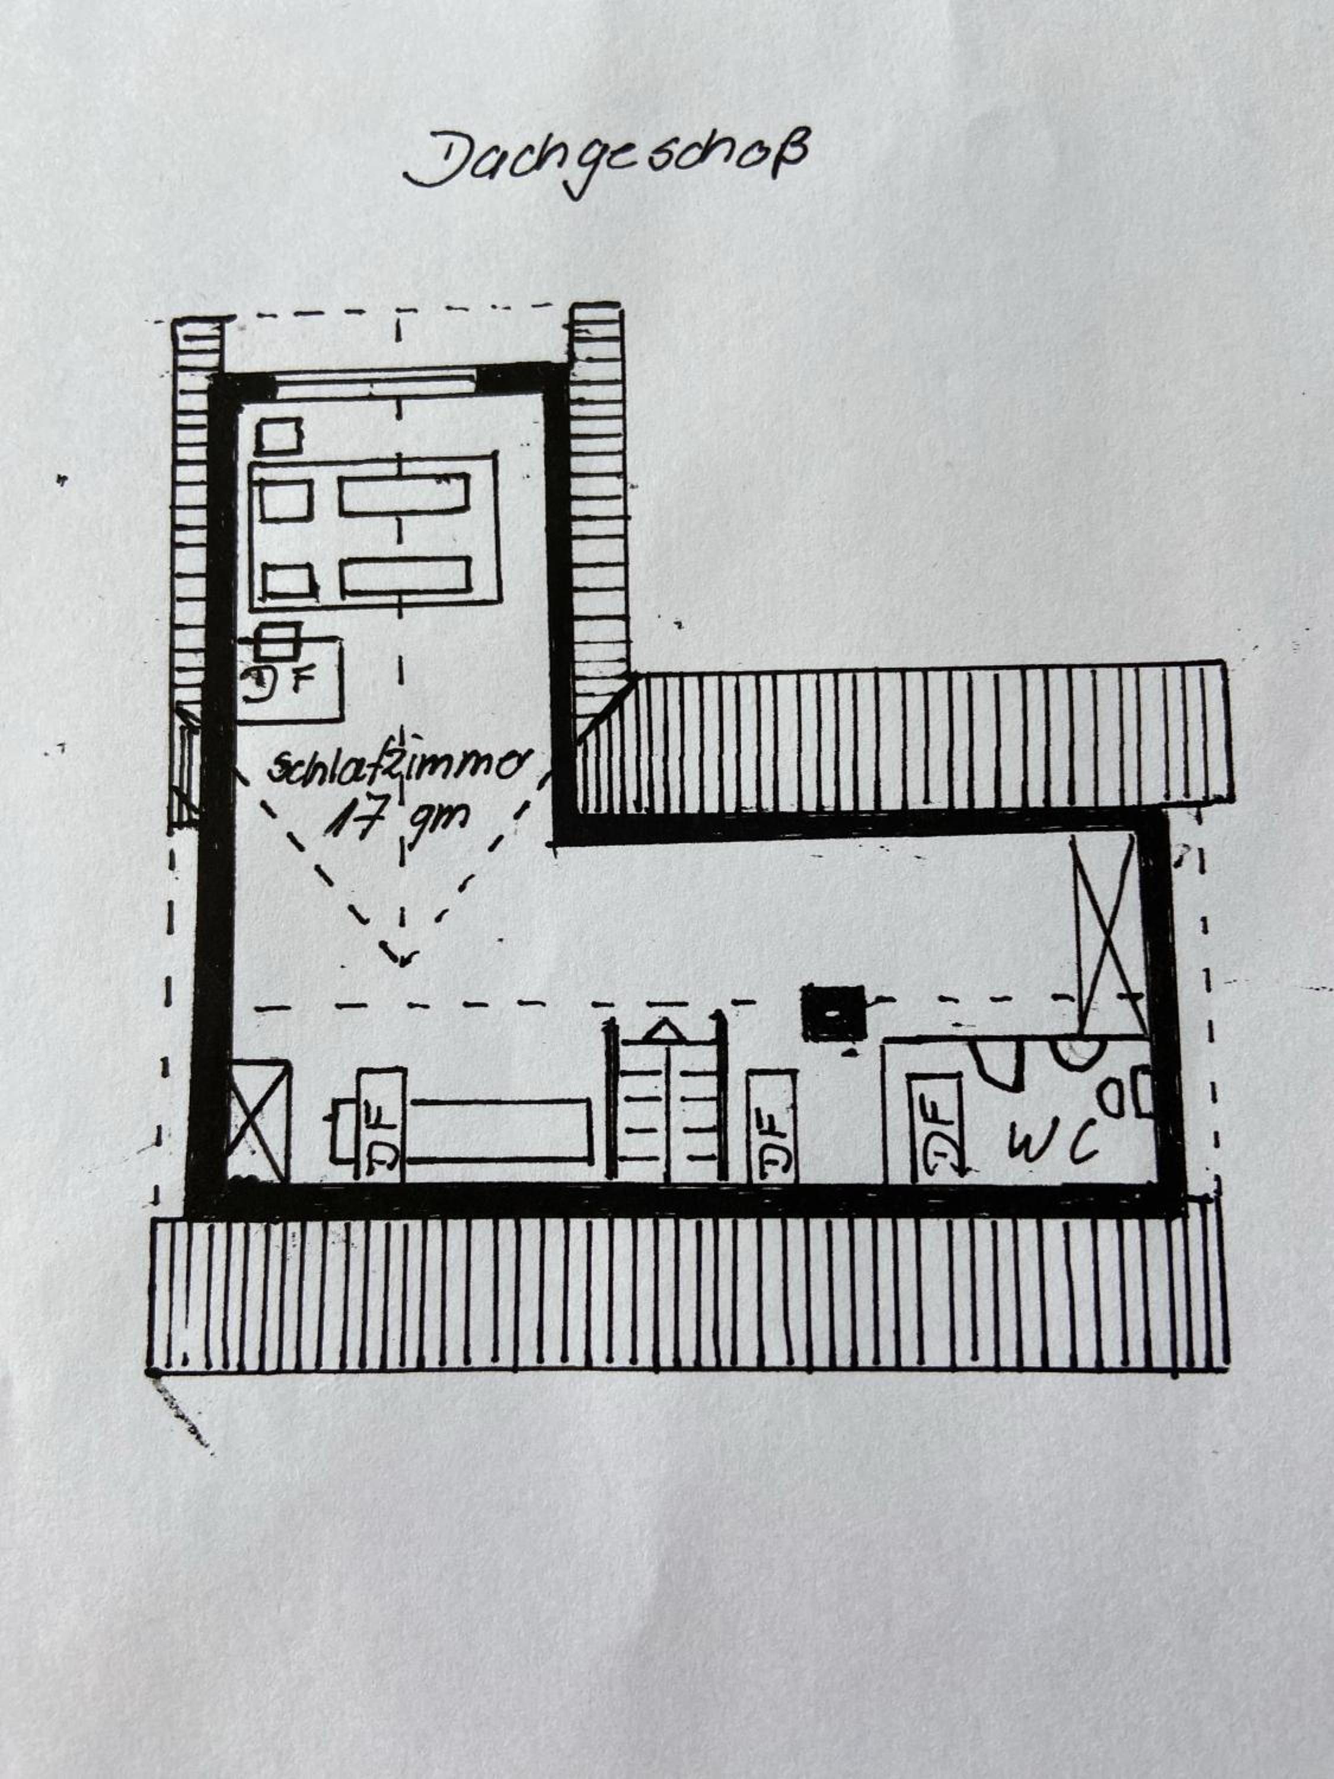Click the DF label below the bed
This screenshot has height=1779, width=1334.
(x=278, y=680)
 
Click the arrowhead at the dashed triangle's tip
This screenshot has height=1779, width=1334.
(x=401, y=957)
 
